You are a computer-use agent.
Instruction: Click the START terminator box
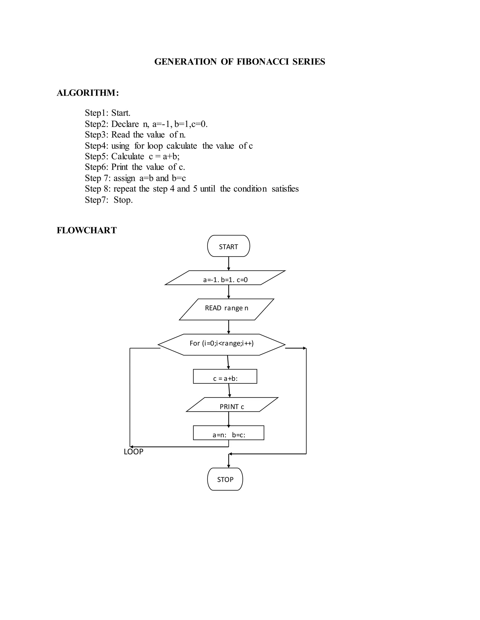coord(228,246)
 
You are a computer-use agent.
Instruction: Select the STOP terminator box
coord(225,479)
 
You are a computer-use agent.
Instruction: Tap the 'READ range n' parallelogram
coord(226,309)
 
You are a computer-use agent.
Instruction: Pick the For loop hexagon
coord(221,344)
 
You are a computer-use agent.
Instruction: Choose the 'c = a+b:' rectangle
coord(225,376)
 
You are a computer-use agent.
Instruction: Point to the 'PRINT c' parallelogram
coord(232,405)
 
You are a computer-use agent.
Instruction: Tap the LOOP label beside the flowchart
coord(133,452)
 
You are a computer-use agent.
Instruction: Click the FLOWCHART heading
coord(86,230)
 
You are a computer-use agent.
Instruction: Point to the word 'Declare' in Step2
coord(125,124)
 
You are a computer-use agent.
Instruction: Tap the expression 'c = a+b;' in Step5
coord(164,157)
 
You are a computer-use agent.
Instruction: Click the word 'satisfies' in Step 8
coord(285,189)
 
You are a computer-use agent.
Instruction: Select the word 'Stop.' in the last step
coord(123,200)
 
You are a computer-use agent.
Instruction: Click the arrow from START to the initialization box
coord(229,263)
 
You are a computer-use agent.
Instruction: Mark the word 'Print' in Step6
coord(120,167)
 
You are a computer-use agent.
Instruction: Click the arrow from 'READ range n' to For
coord(229,327)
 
